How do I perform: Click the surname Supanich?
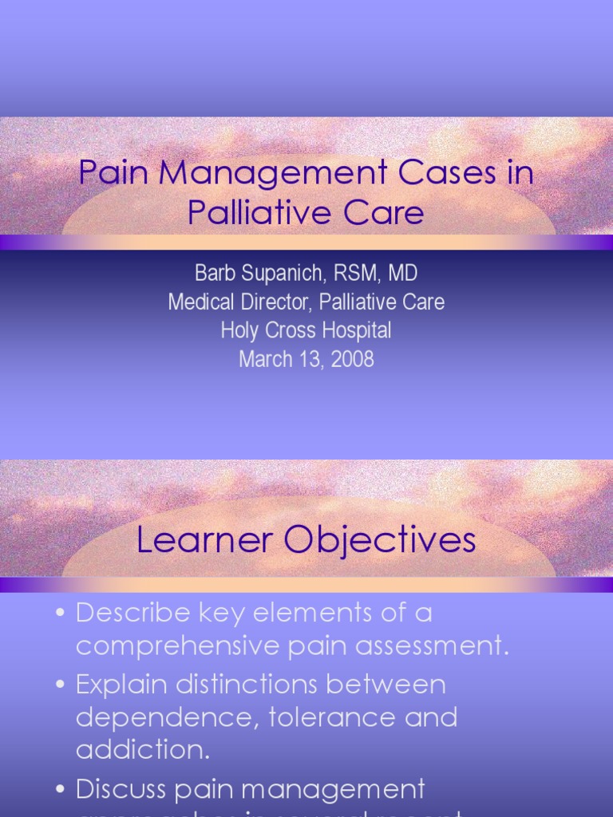[x=278, y=274]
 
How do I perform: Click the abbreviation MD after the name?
[x=402, y=274]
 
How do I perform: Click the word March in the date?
[x=266, y=359]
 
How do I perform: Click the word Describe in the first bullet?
[x=133, y=613]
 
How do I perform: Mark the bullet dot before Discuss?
[x=61, y=790]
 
